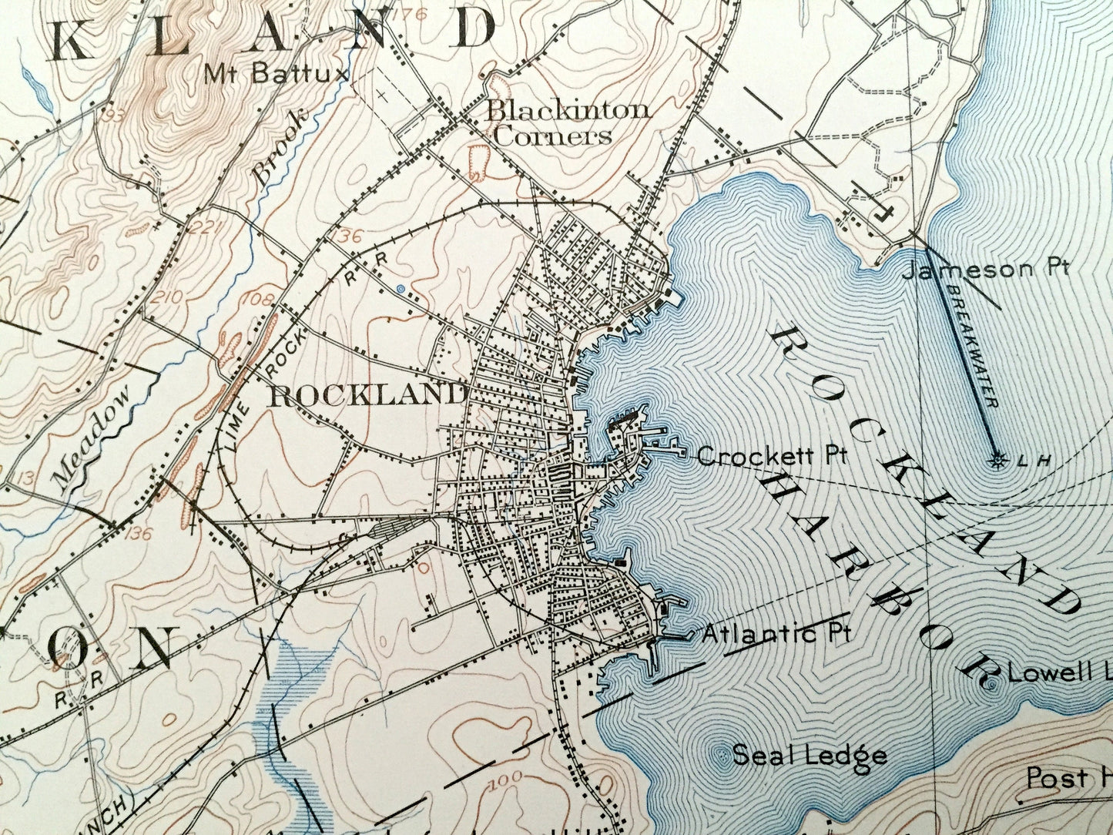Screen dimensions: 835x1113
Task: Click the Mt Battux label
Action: (277, 73)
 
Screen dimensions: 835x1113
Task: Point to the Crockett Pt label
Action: (772, 455)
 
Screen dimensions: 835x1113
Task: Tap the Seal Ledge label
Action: (809, 755)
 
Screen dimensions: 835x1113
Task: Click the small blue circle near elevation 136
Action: (400, 288)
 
